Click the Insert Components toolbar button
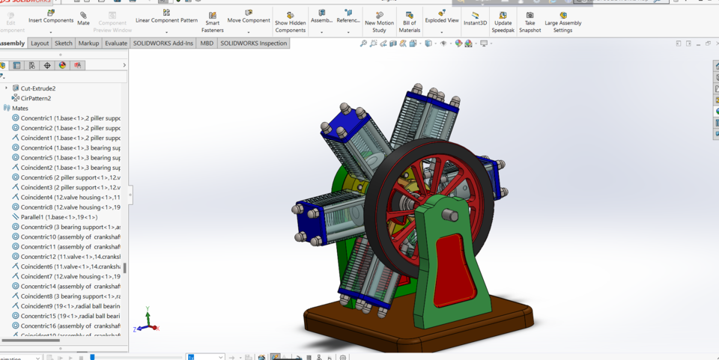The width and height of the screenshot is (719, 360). [51, 17]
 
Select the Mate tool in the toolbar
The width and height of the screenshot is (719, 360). [83, 18]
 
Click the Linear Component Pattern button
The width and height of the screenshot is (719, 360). [166, 16]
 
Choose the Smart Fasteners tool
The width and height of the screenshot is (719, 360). [212, 22]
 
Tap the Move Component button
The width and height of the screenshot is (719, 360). [249, 16]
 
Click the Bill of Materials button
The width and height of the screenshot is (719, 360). [409, 22]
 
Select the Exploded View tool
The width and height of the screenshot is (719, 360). [442, 16]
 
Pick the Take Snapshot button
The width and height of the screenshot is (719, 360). [530, 22]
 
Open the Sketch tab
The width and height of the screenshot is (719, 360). [64, 43]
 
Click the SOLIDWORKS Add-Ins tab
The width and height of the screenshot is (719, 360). [163, 43]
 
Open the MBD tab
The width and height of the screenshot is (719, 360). [207, 43]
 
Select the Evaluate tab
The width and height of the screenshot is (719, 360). [116, 43]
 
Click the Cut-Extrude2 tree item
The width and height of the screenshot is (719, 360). [37, 88]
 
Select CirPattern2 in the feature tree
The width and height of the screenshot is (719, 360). [35, 98]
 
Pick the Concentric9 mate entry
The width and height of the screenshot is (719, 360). [67, 227]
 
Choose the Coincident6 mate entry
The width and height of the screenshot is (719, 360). [67, 266]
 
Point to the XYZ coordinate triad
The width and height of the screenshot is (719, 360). [147, 322]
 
